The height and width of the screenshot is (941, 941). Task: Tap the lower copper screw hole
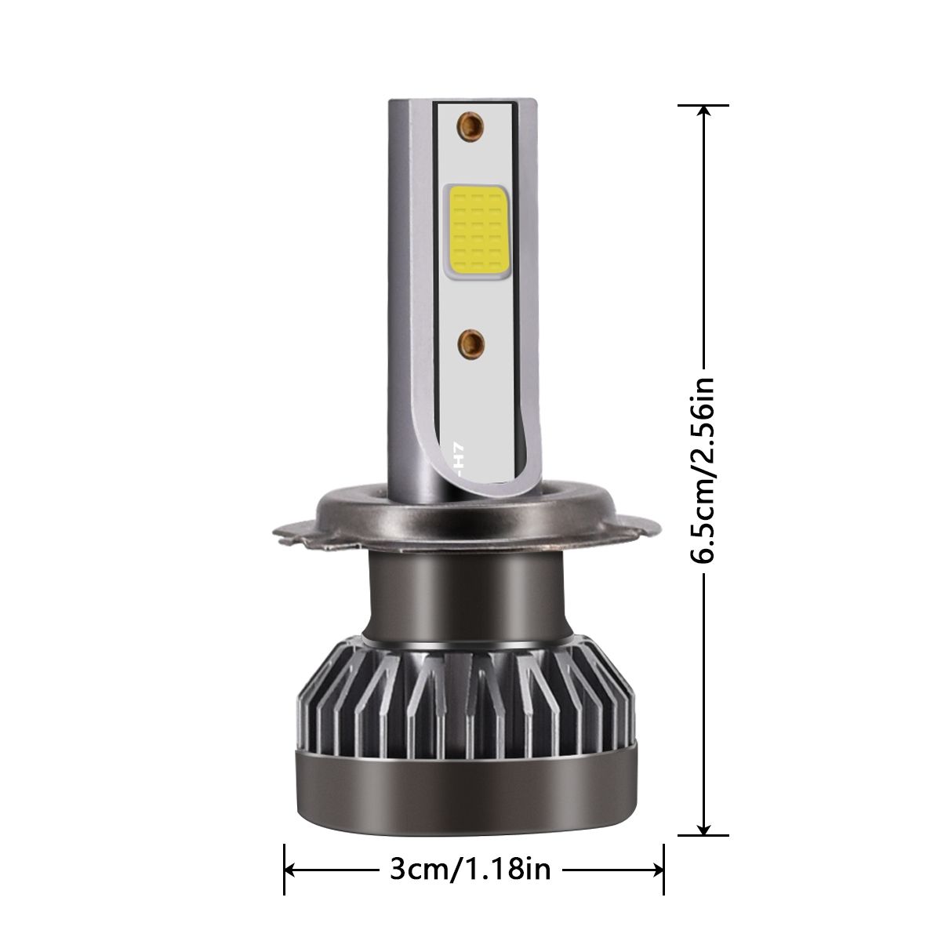click(471, 341)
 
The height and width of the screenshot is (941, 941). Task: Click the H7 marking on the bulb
click(460, 459)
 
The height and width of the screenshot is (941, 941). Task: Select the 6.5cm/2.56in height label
click(703, 470)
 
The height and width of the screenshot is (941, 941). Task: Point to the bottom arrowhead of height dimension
click(704, 825)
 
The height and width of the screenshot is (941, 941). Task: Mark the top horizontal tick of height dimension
click(704, 105)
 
